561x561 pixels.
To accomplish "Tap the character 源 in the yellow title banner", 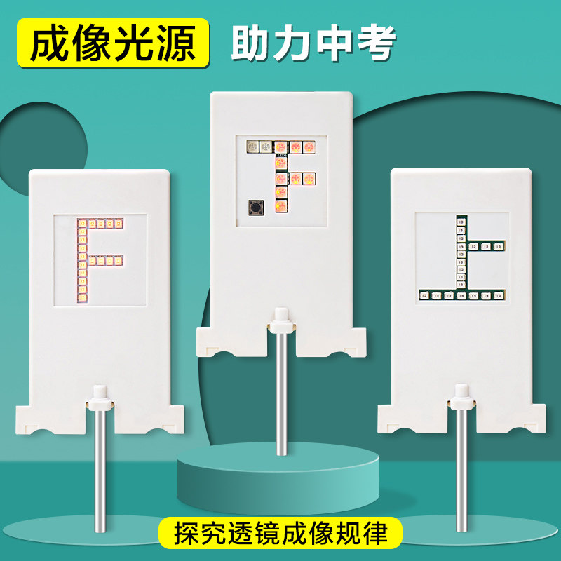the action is pyautogui.click(x=176, y=43).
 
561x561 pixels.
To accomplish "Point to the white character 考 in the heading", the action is pyautogui.click(x=377, y=43).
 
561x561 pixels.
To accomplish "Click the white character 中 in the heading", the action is pyautogui.click(x=335, y=43).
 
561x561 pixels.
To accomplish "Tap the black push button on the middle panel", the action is pyautogui.click(x=256, y=208).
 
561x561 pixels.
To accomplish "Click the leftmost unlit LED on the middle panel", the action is pyautogui.click(x=253, y=147).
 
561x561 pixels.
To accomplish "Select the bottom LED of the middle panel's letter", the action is pyautogui.click(x=281, y=206).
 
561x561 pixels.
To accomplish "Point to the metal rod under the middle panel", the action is pyautogui.click(x=282, y=393).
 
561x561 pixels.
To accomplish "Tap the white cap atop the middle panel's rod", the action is pyautogui.click(x=282, y=320).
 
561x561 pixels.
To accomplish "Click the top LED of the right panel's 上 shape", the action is pyautogui.click(x=461, y=222).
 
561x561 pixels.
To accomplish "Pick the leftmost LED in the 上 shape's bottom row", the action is pyautogui.click(x=424, y=296).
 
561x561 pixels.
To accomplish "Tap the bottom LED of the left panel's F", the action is pyautogui.click(x=82, y=297).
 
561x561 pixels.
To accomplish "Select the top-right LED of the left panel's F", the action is pyautogui.click(x=119, y=224).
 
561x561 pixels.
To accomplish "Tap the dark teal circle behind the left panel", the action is pyautogui.click(x=43, y=136).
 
